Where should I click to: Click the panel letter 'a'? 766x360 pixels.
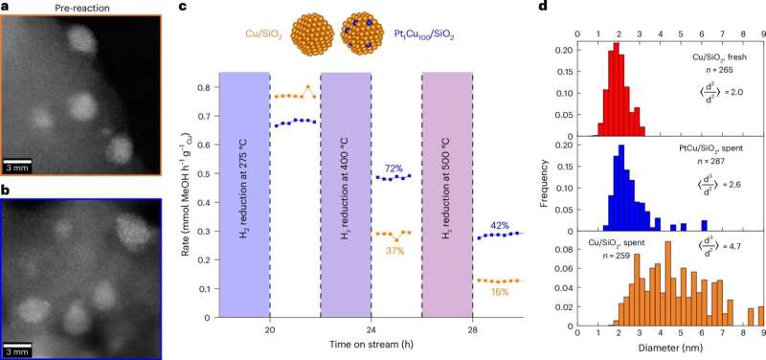(x=6, y=9)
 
